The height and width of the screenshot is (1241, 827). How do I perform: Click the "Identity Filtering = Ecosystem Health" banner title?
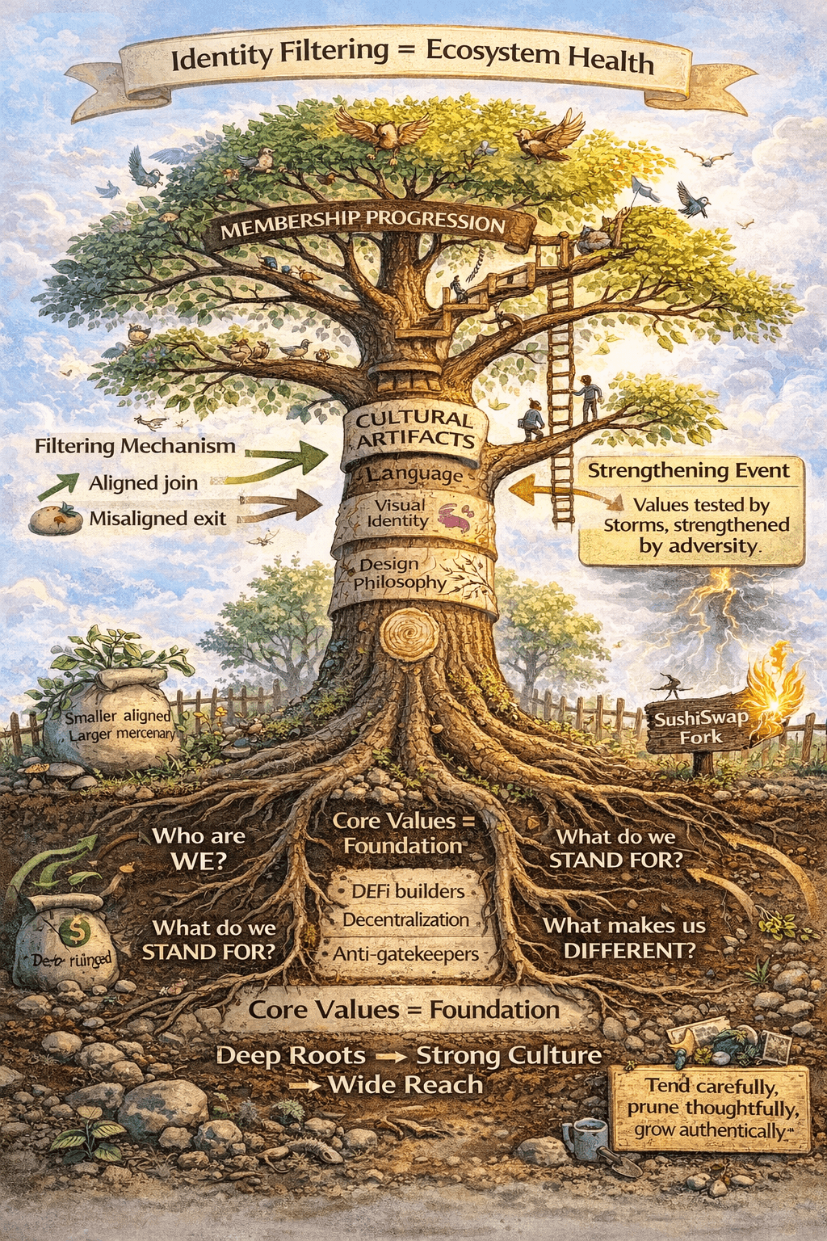[412, 57]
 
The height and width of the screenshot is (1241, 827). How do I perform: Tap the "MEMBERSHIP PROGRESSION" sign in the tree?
[363, 224]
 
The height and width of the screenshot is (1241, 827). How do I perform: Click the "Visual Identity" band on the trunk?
[397, 513]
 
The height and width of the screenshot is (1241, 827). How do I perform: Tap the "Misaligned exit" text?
[157, 519]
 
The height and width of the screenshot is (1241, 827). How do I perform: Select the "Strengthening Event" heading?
[688, 471]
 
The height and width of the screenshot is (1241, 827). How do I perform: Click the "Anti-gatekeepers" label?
[406, 954]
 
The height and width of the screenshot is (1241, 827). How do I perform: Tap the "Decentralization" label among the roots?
[405, 920]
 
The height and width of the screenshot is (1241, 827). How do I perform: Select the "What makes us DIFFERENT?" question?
[624, 938]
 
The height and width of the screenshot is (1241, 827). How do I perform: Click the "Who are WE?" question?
[199, 848]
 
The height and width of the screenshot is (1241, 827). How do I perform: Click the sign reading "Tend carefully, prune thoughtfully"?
[710, 1108]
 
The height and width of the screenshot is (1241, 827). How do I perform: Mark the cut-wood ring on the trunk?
[409, 636]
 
